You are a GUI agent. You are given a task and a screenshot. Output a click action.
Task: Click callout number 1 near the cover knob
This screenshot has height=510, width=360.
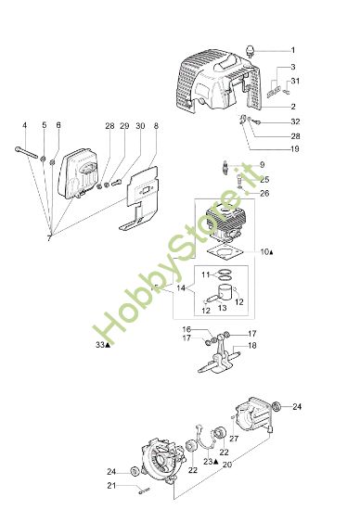[292, 49]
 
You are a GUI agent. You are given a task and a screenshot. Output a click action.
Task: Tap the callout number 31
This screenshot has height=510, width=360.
[295, 83]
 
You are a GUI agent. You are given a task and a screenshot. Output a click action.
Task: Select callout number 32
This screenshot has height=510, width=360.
[295, 121]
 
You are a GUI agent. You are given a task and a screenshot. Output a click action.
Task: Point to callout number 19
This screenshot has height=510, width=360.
[294, 149]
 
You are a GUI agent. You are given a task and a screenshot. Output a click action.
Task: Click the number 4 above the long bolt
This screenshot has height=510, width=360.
[25, 125]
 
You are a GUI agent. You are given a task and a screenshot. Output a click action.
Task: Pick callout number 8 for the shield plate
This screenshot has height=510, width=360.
[155, 125]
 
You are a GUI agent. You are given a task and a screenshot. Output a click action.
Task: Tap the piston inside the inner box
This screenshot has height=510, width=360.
[225, 298]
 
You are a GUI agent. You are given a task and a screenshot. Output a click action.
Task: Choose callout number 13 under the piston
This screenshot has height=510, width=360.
[221, 320]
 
